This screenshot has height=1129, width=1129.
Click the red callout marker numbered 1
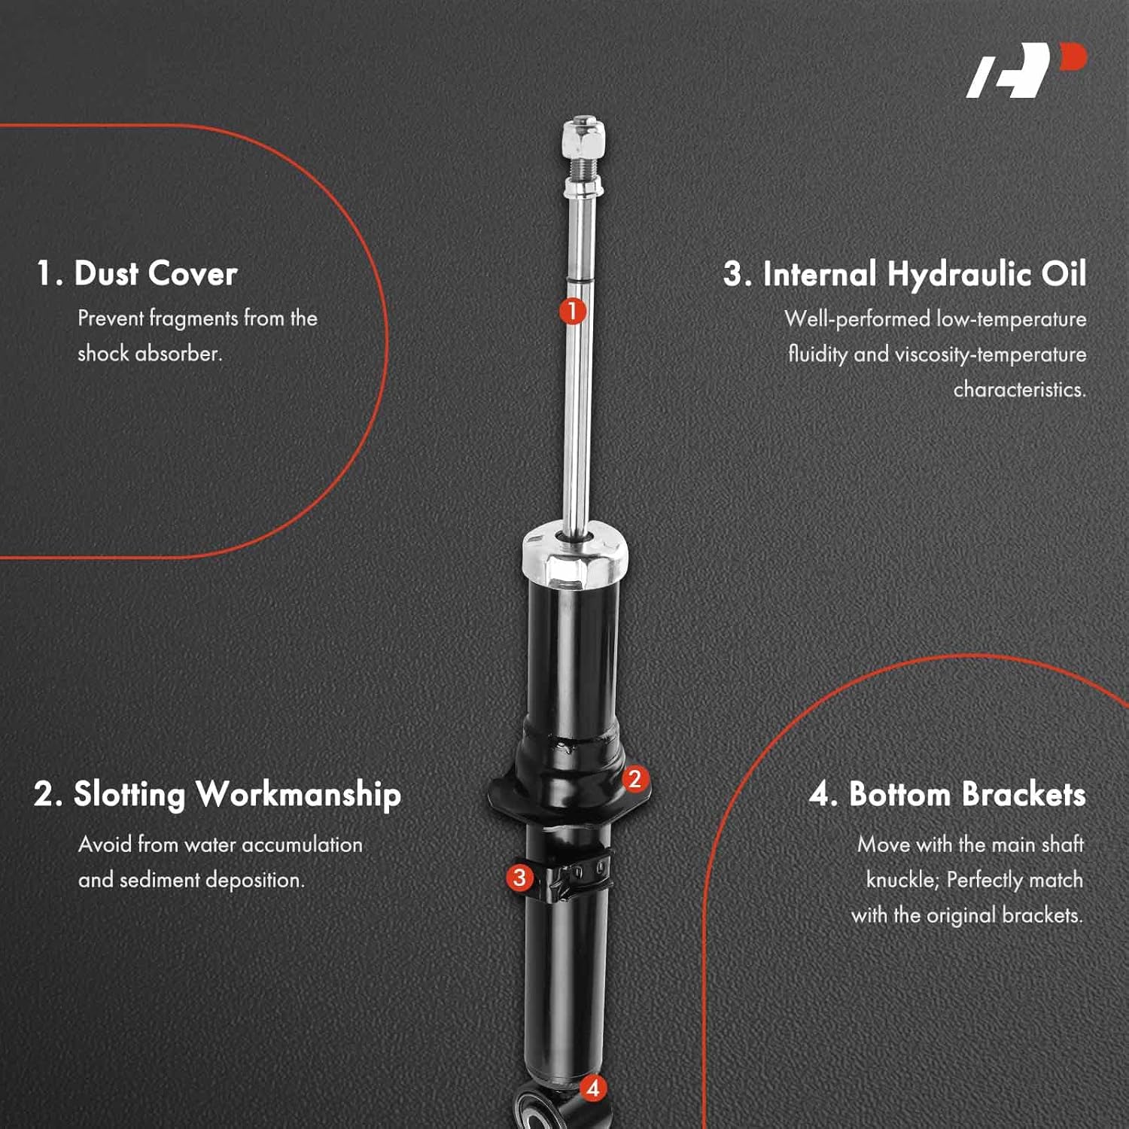click(x=572, y=310)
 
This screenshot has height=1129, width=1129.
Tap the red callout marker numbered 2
click(x=634, y=779)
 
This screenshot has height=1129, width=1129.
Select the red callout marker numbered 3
click(x=519, y=877)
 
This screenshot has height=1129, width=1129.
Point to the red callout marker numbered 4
click(x=593, y=1088)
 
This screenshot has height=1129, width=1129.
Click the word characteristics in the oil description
click(x=1019, y=390)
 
